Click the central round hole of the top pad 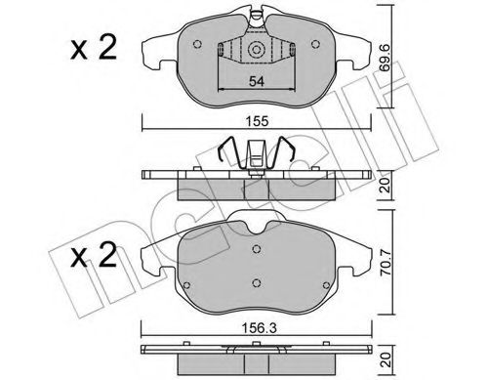tap(256, 50)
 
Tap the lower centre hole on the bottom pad tap(256, 285)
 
